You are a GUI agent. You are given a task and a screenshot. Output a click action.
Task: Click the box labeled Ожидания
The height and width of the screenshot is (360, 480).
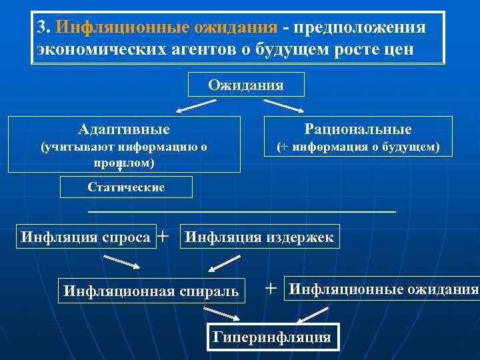click(246, 85)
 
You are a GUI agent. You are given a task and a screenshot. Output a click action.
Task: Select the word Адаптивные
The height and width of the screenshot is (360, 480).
click(123, 129)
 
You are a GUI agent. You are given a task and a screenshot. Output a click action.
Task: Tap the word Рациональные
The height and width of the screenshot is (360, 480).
click(358, 129)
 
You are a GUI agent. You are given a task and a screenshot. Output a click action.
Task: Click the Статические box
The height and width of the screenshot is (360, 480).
click(126, 187)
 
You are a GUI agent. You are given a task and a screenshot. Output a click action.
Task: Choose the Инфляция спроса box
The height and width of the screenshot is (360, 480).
click(85, 237)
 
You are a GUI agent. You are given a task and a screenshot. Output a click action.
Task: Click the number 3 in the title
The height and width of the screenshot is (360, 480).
click(41, 27)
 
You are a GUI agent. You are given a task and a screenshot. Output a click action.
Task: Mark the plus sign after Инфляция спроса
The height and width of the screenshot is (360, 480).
click(163, 235)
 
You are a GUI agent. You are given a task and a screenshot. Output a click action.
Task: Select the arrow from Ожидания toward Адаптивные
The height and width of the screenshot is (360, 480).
click(196, 105)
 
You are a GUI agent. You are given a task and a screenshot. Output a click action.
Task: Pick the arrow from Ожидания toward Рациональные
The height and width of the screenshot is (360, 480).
click(284, 105)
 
